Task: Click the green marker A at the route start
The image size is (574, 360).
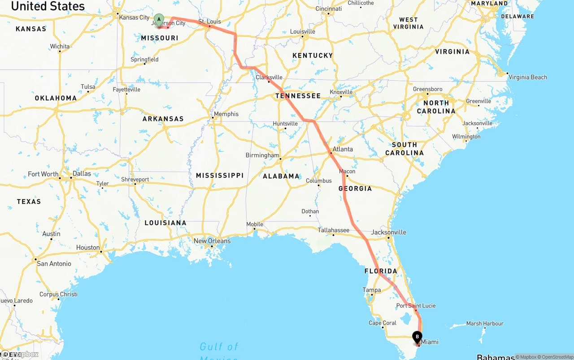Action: point(158,20)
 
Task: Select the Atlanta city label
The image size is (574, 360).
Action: point(343,149)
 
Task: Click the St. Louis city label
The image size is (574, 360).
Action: point(209,21)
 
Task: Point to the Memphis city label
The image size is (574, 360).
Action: point(226,114)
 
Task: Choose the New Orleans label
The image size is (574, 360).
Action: point(212,241)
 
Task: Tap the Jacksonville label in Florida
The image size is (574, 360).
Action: point(389,232)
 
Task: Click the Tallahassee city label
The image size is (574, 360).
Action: point(334,230)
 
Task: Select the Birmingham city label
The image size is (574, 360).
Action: point(262,155)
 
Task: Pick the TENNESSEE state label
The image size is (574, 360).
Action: point(298,96)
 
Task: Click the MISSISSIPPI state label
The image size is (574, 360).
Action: point(220,175)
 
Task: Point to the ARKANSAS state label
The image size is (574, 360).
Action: point(163,119)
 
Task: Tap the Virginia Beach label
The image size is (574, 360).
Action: point(528,77)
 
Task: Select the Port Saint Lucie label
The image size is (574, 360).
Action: point(416,306)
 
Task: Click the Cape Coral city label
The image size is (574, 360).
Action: point(382,323)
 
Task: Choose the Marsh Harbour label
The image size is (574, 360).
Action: point(485,323)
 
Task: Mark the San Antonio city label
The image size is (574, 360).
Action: point(54,264)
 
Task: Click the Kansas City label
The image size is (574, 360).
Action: point(135,17)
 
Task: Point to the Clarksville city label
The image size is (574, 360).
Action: point(269,77)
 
